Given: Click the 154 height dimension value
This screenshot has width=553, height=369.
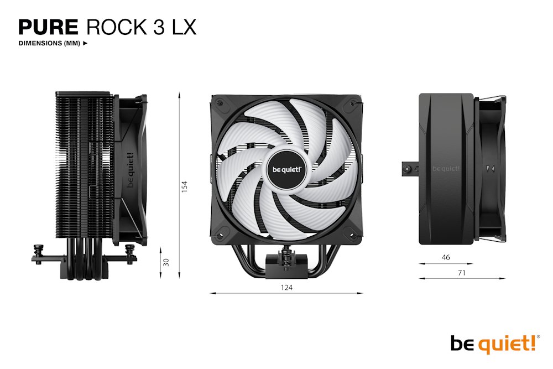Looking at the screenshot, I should pyautogui.click(x=185, y=186).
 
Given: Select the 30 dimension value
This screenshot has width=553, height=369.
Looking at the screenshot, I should pyautogui.click(x=165, y=261).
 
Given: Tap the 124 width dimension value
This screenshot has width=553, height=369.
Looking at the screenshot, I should pyautogui.click(x=286, y=287).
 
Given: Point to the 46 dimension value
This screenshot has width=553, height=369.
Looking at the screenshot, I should pyautogui.click(x=446, y=258).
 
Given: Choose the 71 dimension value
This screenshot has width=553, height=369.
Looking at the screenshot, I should pyautogui.click(x=462, y=273).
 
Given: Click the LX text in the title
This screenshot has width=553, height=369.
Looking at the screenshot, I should pyautogui.click(x=180, y=27).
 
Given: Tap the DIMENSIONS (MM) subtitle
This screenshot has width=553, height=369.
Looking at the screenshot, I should pyautogui.click(x=49, y=43).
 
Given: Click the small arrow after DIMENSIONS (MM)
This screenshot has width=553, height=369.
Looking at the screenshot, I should pyautogui.click(x=85, y=43).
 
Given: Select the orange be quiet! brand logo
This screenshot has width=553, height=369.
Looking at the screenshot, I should pyautogui.click(x=493, y=344).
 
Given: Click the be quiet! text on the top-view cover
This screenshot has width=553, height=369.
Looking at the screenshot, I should pyautogui.click(x=446, y=169).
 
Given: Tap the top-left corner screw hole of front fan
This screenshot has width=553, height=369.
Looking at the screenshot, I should pyautogui.click(x=220, y=103).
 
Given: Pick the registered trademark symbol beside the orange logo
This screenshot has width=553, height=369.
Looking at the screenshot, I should pyautogui.click(x=539, y=336).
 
